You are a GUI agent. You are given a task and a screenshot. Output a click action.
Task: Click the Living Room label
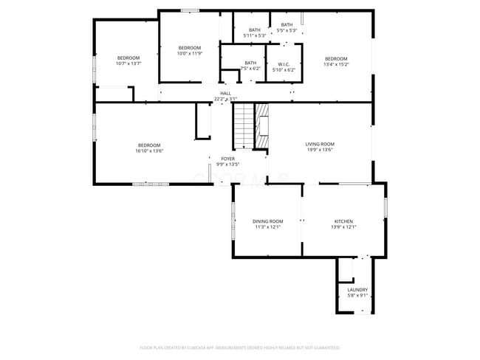320,144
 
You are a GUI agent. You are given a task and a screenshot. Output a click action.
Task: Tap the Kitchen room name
343,221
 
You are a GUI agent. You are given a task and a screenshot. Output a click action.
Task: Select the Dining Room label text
268,221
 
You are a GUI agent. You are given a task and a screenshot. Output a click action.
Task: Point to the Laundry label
357,290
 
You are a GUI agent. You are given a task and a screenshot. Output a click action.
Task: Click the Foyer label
227,159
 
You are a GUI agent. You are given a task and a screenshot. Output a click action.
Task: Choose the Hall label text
225,93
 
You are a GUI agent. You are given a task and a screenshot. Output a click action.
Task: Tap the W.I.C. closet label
284,64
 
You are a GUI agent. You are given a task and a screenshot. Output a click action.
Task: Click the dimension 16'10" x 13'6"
149,151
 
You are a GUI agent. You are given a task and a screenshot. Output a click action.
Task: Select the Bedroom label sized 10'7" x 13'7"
128,58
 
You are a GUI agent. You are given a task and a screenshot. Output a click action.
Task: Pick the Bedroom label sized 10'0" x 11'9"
189,48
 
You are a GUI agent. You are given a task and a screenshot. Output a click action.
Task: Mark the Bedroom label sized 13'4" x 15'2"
336,59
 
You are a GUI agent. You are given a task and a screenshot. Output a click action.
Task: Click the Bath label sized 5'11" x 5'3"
254,30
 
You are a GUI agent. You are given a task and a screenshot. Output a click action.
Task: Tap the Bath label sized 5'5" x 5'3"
287,25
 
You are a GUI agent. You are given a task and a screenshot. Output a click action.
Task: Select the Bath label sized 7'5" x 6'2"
250,63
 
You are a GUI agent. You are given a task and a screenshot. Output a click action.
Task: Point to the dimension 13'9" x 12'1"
343,227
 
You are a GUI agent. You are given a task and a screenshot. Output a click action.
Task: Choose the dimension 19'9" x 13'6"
320,150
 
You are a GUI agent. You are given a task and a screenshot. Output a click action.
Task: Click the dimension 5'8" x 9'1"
357,296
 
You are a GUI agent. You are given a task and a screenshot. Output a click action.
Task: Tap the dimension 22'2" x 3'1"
225,99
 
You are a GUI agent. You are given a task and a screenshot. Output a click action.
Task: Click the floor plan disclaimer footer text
239,347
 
